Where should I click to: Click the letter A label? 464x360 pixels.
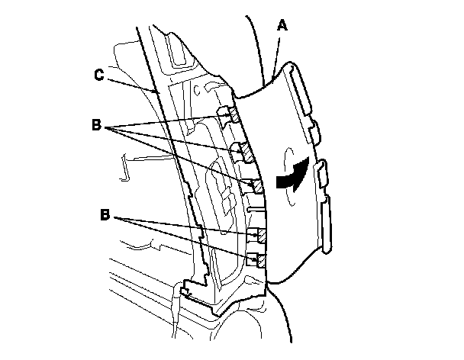(x=283, y=25)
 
